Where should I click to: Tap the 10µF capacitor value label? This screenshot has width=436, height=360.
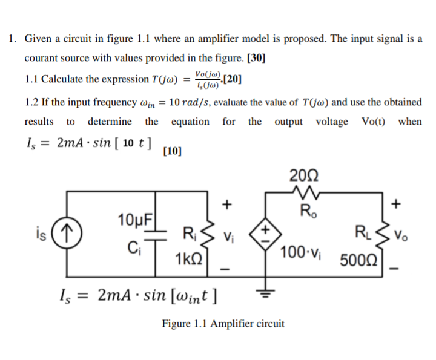click(x=135, y=218)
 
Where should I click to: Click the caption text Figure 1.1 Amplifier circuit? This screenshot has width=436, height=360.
click(x=222, y=324)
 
